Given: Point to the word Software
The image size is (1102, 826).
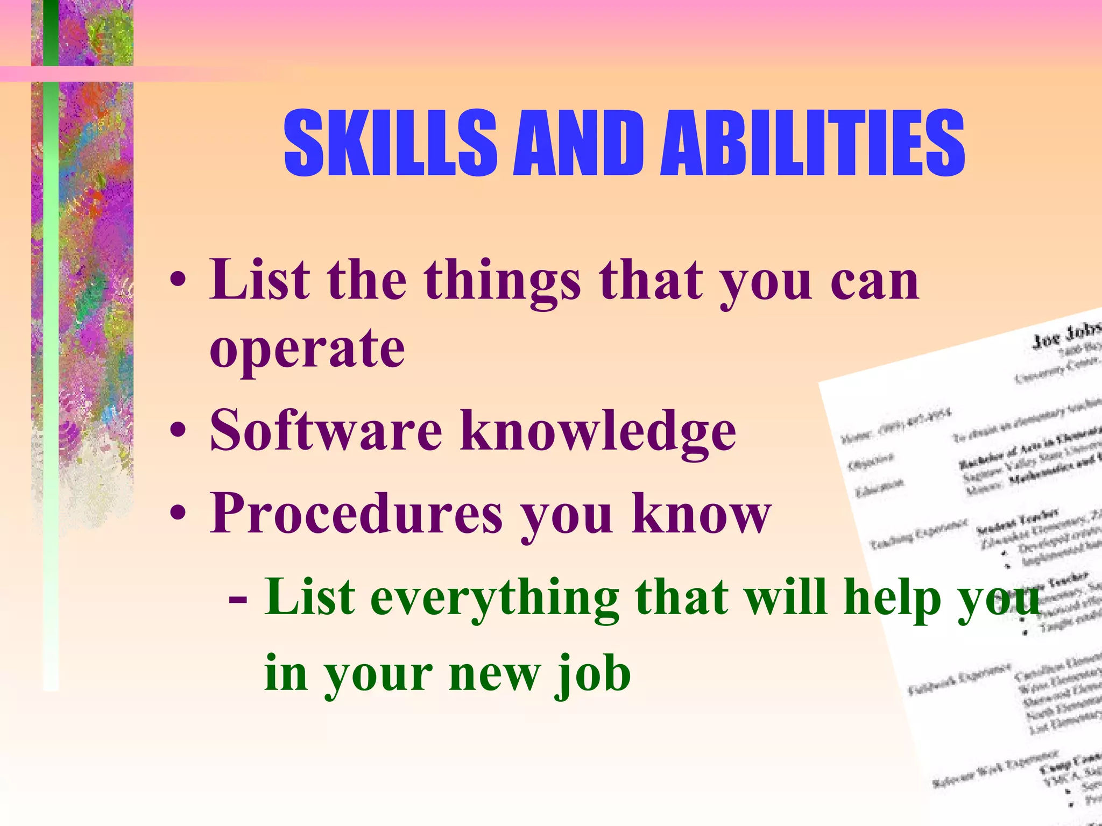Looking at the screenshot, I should coord(326,430).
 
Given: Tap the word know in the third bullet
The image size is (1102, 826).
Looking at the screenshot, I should coord(702,514).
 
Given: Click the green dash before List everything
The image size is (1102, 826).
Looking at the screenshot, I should coord(238,598).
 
